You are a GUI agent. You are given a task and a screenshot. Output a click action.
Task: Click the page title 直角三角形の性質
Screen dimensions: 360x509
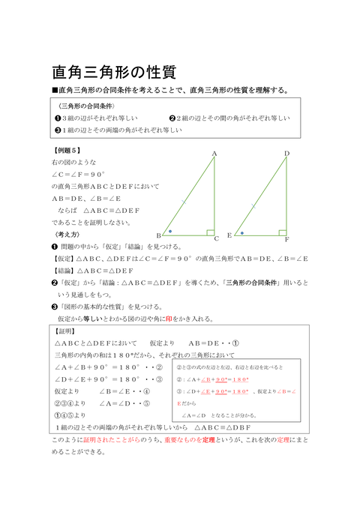point(113,72)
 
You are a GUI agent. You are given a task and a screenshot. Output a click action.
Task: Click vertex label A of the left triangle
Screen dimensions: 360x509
point(214,154)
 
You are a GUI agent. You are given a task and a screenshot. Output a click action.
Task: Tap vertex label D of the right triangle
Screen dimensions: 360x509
point(286,154)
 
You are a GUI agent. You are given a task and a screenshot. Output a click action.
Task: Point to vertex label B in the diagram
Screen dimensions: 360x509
point(159,235)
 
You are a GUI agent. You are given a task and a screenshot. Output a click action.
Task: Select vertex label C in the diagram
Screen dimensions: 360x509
point(217,238)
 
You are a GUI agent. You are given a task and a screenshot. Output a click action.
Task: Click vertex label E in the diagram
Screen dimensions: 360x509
point(229,235)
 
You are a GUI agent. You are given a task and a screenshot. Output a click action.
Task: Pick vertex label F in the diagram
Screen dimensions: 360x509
point(286,238)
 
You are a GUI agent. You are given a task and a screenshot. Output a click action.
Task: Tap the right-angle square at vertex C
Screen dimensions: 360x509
point(211,232)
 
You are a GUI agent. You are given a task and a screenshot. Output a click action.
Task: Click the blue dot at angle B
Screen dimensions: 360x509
point(170,231)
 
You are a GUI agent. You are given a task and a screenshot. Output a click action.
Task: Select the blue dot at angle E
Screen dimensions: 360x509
point(241,231)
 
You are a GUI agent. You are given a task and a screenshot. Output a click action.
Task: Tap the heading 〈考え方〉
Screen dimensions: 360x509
point(65,234)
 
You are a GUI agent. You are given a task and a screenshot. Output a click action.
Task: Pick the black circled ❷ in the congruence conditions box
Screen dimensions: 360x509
point(172,118)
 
